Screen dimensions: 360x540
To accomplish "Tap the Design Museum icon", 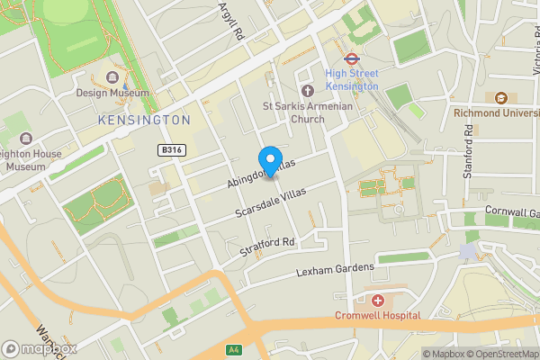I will pyautogui.click(x=113, y=77).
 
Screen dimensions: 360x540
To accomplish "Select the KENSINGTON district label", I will pyautogui.click(x=145, y=120).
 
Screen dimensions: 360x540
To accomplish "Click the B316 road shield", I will pyautogui.click(x=172, y=149).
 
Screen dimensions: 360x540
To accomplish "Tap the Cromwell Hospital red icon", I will pyautogui.click(x=377, y=300).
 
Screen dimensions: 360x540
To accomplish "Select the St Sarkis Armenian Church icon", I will pyautogui.click(x=307, y=90).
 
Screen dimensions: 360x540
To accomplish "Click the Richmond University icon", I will pyautogui.click(x=501, y=97).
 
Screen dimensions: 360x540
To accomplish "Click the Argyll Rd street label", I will pyautogui.click(x=231, y=20).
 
